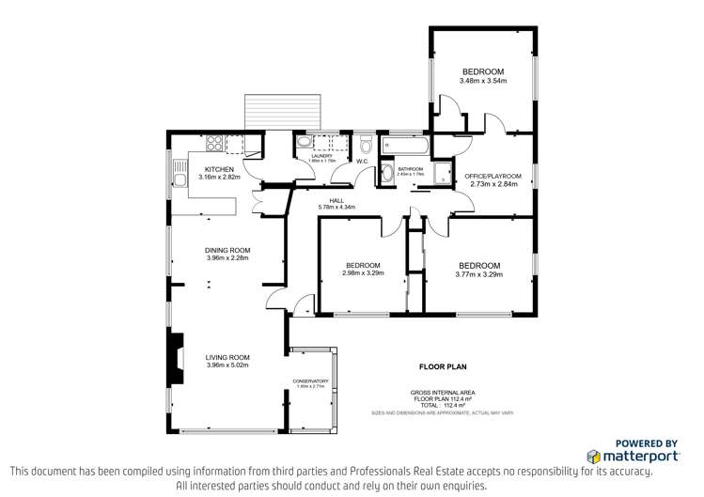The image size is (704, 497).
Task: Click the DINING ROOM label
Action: [x=227, y=250]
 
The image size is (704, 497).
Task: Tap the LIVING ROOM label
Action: [x=227, y=357]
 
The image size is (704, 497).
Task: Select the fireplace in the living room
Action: [x=176, y=358]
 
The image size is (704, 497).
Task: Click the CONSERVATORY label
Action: [x=310, y=381]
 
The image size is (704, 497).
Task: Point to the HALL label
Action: [x=336, y=200]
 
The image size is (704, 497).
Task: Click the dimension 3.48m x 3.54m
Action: [x=483, y=81]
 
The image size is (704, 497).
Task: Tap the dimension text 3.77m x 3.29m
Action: [x=479, y=274]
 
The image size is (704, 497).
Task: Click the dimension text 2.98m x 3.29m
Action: [x=362, y=274]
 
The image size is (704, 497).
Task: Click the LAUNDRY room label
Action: [x=321, y=156]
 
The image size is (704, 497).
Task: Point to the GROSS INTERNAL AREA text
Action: [x=443, y=393]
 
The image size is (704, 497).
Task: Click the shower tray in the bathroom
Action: [x=388, y=174]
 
